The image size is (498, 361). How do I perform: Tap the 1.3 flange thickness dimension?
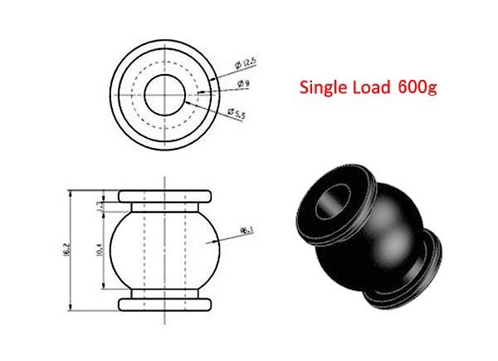point(101,207)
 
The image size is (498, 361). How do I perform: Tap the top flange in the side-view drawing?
point(166,197)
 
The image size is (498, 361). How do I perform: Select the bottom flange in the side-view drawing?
point(166,302)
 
